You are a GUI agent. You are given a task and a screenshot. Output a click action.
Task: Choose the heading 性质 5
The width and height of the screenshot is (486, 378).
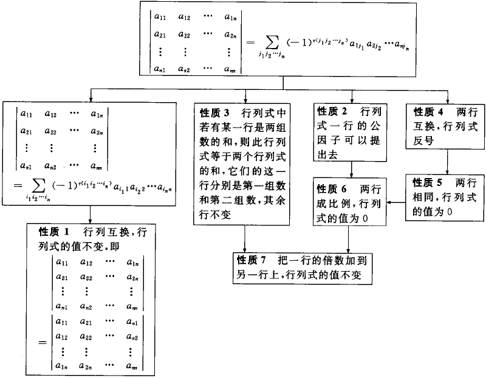[428, 182]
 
